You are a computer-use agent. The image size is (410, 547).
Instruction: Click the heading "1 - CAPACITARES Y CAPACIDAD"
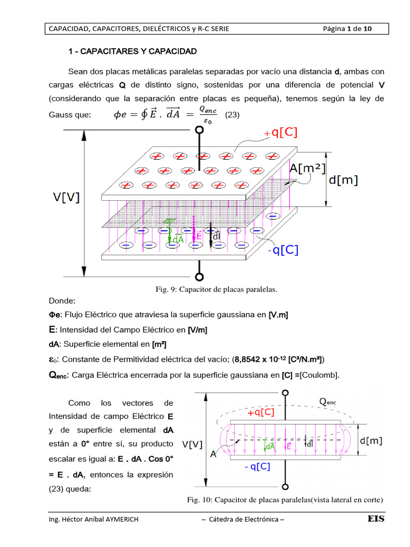pos(133,51)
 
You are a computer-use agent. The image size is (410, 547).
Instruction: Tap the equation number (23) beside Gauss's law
pos(231,114)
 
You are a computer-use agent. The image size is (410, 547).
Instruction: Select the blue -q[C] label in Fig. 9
pos(283,249)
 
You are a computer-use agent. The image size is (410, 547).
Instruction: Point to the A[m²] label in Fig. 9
pos(308,168)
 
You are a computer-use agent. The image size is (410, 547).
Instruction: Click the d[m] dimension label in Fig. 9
pos(343,181)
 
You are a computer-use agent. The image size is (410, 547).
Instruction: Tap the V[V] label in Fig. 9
pos(67,197)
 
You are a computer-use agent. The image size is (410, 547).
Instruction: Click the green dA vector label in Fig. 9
pos(177,240)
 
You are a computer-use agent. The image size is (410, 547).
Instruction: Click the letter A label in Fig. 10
pos(214,454)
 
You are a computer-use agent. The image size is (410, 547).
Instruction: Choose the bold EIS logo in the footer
pos(376,519)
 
